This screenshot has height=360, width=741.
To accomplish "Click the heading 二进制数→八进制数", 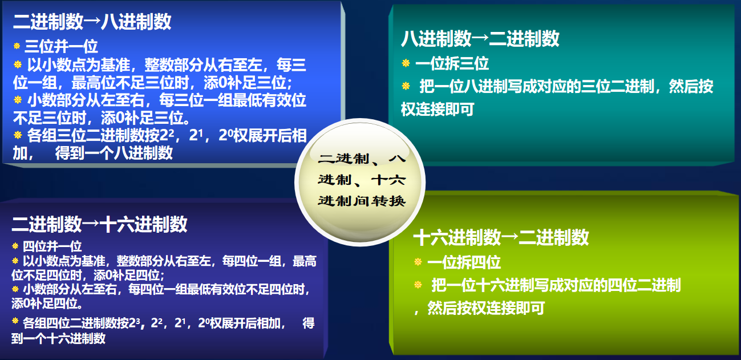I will pos(92,22).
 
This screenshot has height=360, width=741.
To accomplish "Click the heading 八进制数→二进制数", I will pos(480,39).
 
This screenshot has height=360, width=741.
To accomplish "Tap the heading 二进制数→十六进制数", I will pos(99,224).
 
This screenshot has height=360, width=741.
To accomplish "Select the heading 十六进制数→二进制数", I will pos(500,237).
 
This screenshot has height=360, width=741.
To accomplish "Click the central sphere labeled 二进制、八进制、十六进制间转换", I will pos(361,181).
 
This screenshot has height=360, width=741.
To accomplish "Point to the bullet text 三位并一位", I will pos(61,46).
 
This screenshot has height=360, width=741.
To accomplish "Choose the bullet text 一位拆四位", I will pos(464,262).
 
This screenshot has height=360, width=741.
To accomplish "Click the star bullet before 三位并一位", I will pos(17,46).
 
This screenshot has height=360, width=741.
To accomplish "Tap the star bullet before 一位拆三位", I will pos(406,63).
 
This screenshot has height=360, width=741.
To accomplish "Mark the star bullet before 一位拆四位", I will pos(418,262).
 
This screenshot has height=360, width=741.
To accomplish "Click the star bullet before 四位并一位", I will pos(15,246).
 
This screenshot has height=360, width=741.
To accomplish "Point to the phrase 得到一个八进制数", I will pos(114,153).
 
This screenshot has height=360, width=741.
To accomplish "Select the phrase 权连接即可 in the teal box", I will pos(438,110).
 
